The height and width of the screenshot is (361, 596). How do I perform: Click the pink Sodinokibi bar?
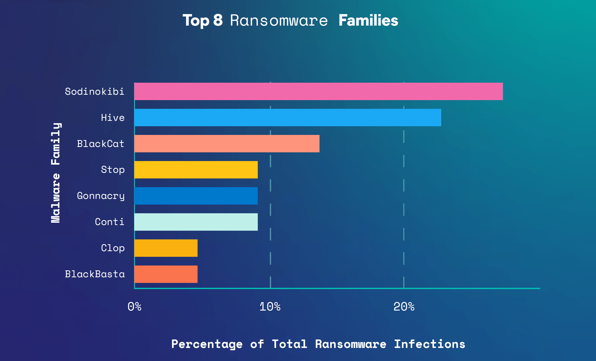(318, 91)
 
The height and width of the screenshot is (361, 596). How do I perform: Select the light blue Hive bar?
(287, 118)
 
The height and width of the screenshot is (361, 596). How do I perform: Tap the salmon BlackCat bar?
(227, 144)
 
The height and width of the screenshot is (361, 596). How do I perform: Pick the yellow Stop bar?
(196, 170)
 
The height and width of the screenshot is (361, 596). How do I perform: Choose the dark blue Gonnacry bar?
(196, 196)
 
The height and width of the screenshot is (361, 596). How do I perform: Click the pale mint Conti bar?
(196, 222)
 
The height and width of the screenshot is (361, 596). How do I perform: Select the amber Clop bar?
(166, 248)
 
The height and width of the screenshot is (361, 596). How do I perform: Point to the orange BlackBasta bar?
(166, 274)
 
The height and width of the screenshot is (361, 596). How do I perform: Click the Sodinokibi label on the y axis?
(95, 91)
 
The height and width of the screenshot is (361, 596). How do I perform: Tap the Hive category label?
(113, 118)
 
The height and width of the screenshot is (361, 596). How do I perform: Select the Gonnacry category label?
(101, 196)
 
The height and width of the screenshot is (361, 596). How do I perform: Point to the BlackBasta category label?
(95, 274)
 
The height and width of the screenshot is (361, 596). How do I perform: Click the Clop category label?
(113, 248)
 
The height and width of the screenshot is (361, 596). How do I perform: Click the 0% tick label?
(135, 306)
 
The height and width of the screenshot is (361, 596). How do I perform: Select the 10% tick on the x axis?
(270, 306)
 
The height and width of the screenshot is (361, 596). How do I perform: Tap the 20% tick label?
(404, 306)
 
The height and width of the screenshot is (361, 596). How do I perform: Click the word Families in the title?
(368, 20)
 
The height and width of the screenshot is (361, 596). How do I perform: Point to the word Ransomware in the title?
(279, 20)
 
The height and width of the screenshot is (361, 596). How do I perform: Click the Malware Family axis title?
(56, 173)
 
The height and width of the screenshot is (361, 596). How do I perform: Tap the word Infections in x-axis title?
(429, 344)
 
